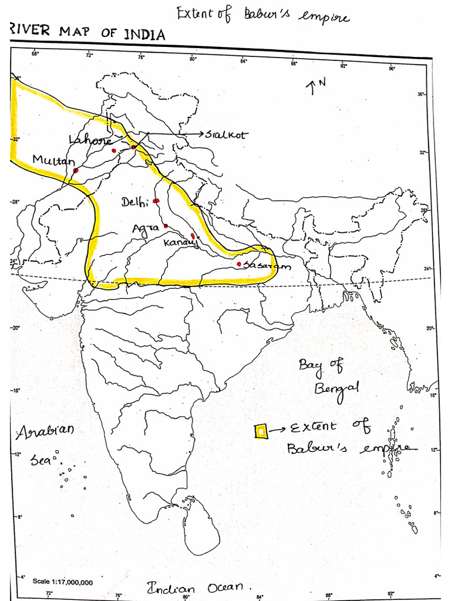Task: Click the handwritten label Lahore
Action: [x=90, y=140]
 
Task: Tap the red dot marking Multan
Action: [x=76, y=171]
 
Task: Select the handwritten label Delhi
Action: [x=134, y=202]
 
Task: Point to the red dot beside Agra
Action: [x=166, y=226]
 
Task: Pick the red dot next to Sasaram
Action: [x=239, y=264]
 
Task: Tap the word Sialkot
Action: [x=227, y=134]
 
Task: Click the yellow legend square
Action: [x=261, y=431]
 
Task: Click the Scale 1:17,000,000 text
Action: [x=62, y=582]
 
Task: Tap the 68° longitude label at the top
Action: [x=35, y=55]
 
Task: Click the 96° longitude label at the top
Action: [x=392, y=67]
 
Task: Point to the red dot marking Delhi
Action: [x=156, y=201]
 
